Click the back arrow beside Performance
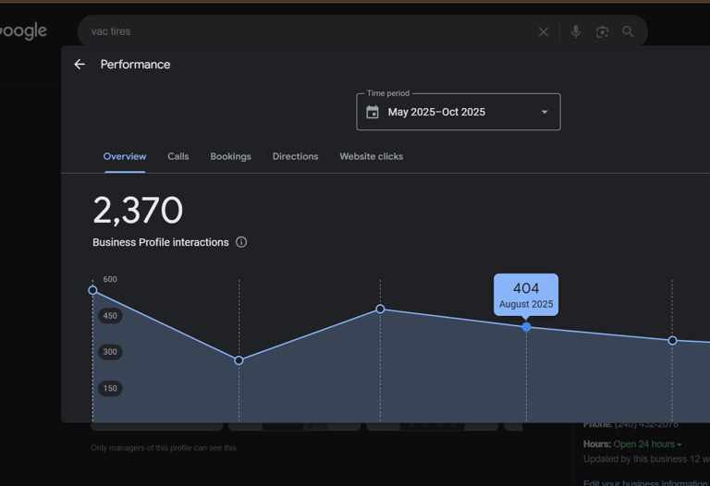click(80, 65)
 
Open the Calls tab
click(178, 157)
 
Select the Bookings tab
click(230, 157)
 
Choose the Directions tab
click(295, 157)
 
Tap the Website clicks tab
click(371, 157)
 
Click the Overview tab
click(125, 157)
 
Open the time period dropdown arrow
click(545, 113)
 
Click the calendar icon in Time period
click(373, 113)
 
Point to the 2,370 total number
click(138, 211)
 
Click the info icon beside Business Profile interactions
click(241, 242)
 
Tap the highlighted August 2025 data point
click(527, 327)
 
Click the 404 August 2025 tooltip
click(526, 295)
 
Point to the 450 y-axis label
click(110, 316)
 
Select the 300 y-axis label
click(110, 352)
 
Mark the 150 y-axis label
click(110, 389)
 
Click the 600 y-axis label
click(110, 279)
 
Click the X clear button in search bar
click(544, 32)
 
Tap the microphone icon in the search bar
click(576, 31)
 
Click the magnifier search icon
click(628, 31)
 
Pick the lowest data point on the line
click(239, 360)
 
